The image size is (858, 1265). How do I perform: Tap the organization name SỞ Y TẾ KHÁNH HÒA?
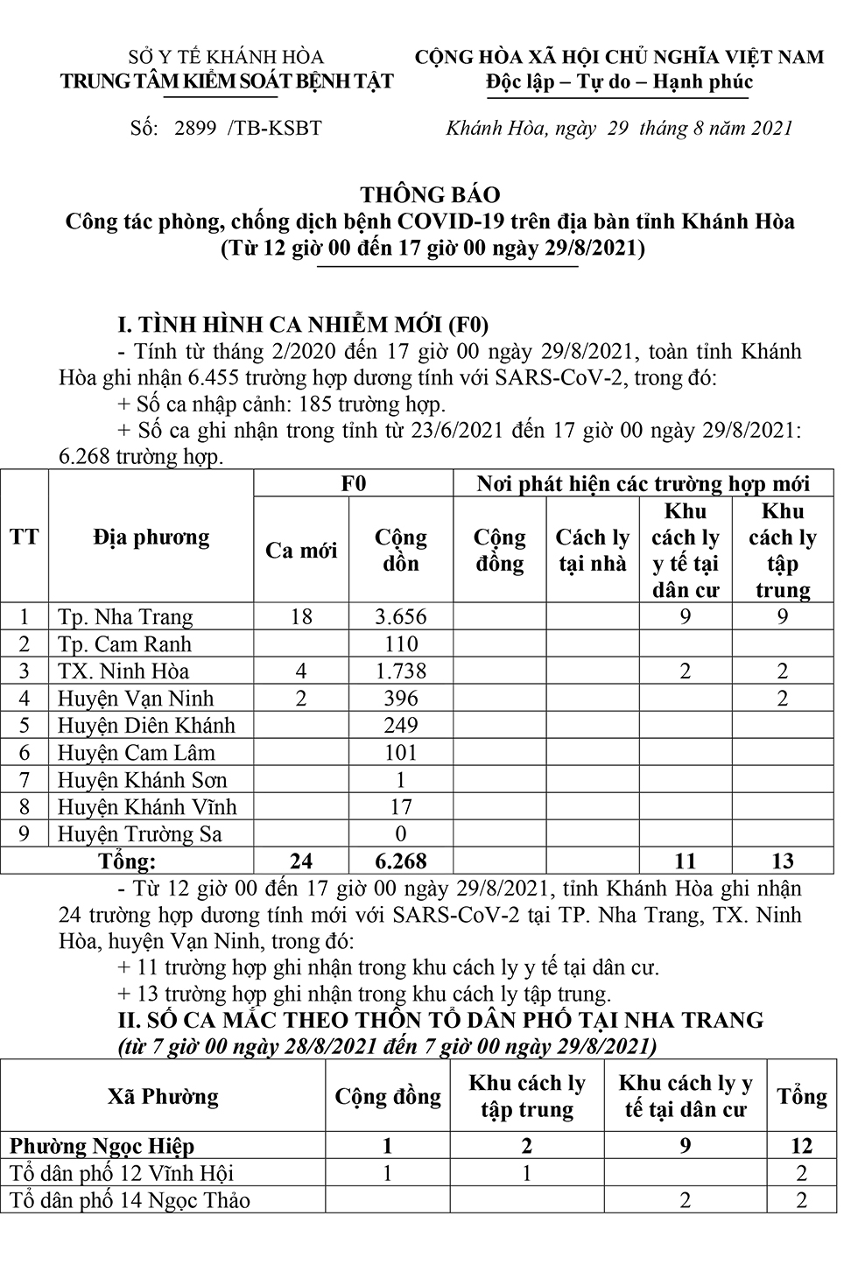tap(226, 57)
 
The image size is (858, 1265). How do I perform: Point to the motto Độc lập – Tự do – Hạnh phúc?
tap(620, 82)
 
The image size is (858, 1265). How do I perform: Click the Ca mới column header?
tap(301, 551)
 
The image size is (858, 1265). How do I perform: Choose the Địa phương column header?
tap(151, 538)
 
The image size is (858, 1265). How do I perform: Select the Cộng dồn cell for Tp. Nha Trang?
tap(400, 616)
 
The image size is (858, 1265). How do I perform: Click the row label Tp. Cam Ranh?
tap(124, 644)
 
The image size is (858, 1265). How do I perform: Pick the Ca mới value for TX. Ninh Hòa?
tap(301, 671)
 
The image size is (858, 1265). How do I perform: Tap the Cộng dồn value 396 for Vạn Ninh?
tap(400, 699)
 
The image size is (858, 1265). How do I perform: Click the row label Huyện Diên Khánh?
tap(146, 726)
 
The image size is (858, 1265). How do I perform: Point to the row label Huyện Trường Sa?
tap(140, 834)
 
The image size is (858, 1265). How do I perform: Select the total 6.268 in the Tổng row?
tap(400, 861)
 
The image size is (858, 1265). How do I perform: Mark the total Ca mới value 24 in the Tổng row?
tap(301, 861)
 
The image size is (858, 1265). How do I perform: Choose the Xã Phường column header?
tap(163, 1097)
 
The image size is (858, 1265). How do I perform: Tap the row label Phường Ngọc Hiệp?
tap(102, 1146)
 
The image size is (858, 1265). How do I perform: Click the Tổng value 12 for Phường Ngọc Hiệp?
tap(801, 1146)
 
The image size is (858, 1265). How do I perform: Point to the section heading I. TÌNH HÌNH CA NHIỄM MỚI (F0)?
tap(303, 325)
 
